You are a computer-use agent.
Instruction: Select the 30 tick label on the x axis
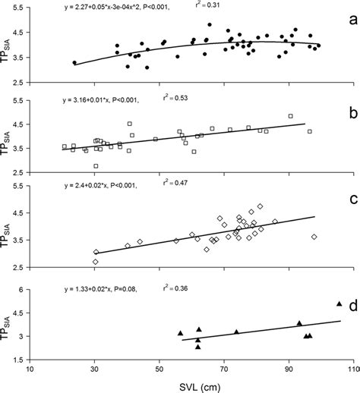(x=94, y=369)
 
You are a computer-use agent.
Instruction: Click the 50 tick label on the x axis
(x=159, y=369)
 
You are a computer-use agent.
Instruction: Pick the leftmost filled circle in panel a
(x=74, y=62)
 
